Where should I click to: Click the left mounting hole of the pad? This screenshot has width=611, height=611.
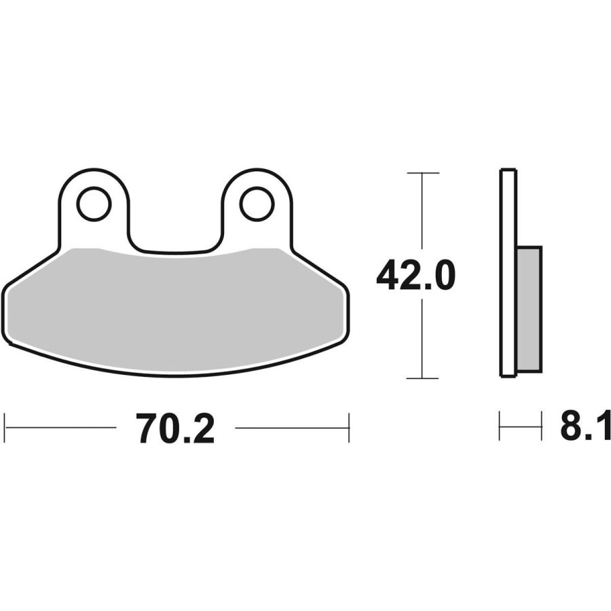click(x=94, y=204)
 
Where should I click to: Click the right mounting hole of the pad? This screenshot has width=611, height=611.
click(x=257, y=204)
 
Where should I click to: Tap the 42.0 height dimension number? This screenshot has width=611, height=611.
click(x=415, y=276)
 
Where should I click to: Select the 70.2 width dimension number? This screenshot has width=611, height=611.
click(x=175, y=428)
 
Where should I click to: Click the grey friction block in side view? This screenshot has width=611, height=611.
click(x=530, y=309)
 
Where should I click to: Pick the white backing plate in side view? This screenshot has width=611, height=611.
click(x=508, y=273)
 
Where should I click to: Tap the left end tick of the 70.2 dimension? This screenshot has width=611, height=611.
click(x=4, y=428)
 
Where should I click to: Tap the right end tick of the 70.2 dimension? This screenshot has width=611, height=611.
click(x=349, y=428)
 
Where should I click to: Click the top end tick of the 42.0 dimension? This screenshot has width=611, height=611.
click(x=423, y=172)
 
